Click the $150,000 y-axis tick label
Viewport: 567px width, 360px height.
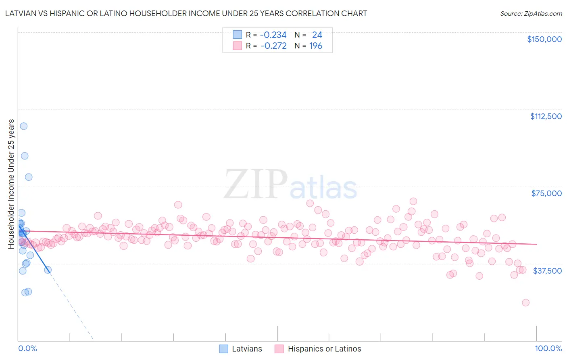pos(544,39)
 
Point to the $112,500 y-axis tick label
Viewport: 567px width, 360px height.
pos(546,116)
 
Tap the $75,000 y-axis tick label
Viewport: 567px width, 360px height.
pos(546,193)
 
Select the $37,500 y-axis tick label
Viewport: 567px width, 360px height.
pos(547,271)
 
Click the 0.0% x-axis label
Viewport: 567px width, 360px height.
pos(27,348)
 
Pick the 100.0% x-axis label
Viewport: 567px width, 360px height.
pos(548,348)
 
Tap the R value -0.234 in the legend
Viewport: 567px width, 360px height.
pos(273,35)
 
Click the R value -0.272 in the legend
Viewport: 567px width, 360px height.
pos(273,46)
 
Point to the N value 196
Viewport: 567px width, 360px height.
pos(316,46)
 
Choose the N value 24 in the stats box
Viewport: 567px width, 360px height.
pos(317,35)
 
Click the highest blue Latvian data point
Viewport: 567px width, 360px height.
pos(24,126)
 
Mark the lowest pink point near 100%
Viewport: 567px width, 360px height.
pos(525,303)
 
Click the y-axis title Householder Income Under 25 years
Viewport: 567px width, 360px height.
pos(11,184)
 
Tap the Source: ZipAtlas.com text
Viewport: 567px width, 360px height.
pos(531,13)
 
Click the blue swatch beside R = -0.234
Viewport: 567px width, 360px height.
pos(238,35)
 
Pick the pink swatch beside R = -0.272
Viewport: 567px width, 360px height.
pos(238,46)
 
